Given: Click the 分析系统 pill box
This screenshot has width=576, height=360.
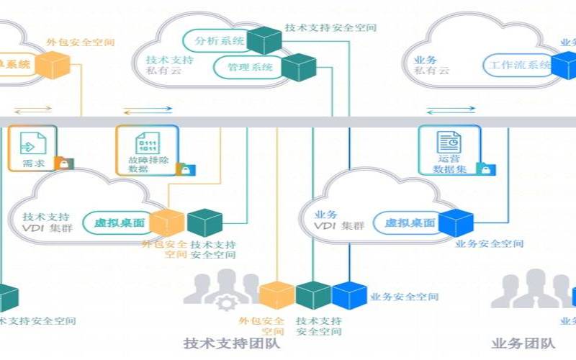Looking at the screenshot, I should click(x=215, y=41).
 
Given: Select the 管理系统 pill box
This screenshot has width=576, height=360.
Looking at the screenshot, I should click(x=248, y=68).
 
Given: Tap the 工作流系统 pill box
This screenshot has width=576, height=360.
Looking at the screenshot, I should click(x=517, y=66).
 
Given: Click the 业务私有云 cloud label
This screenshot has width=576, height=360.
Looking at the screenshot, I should click(x=432, y=66).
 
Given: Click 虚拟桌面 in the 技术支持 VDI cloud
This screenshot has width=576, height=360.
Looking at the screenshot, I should click(x=120, y=223).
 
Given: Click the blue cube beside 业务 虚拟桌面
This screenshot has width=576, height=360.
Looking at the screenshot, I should click(x=456, y=222).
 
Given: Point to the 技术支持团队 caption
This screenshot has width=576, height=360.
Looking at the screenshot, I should click(x=232, y=343).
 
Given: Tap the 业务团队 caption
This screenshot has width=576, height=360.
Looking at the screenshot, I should click(x=523, y=343).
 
